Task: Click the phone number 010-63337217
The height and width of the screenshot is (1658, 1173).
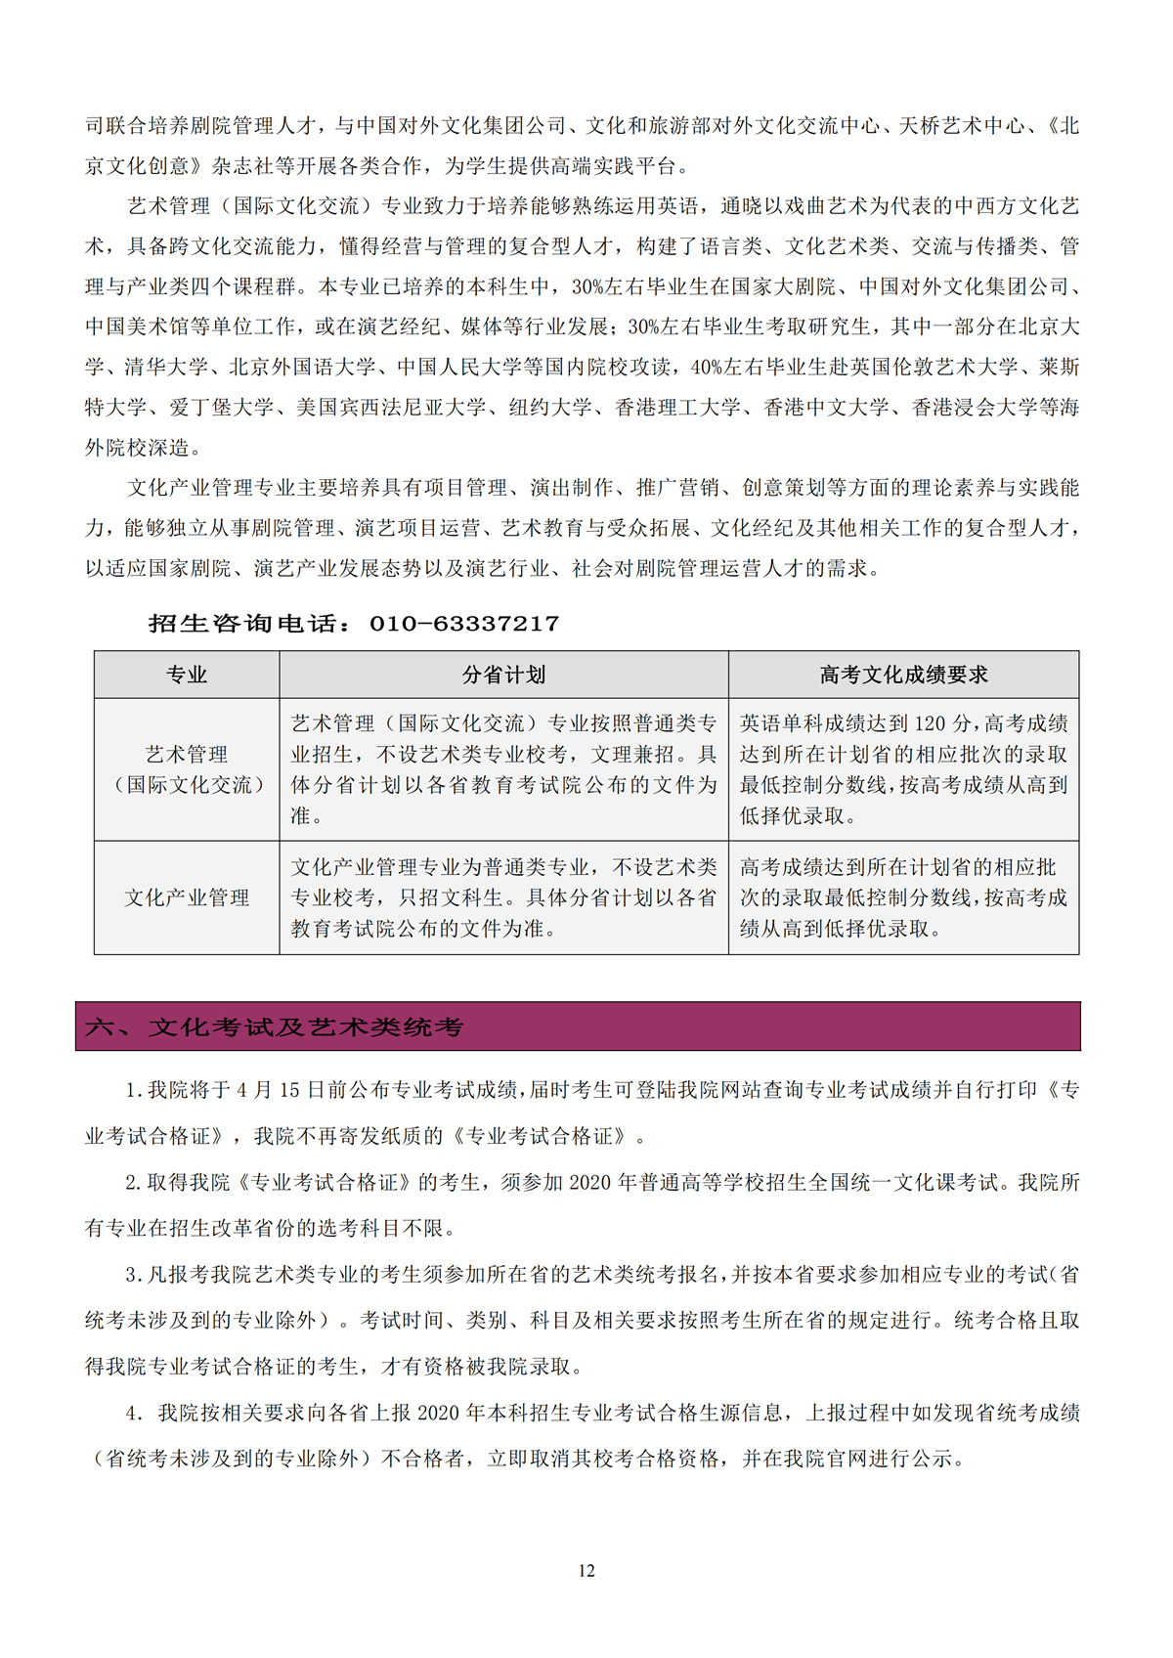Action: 464,624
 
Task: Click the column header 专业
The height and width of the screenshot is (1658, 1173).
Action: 187,675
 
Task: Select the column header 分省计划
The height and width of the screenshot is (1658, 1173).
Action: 503,675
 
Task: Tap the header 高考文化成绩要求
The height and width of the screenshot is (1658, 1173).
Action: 903,675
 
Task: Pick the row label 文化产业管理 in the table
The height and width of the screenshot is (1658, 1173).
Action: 187,897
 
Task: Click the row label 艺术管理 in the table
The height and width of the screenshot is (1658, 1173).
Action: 187,755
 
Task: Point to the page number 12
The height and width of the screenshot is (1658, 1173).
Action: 586,1570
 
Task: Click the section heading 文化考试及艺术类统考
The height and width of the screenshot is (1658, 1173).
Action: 306,1027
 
